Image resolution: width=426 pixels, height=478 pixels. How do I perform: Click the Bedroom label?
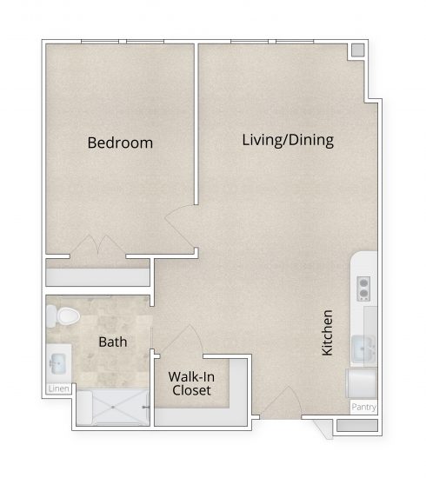tap(120, 143)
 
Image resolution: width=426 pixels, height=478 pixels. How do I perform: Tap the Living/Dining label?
tap(288, 140)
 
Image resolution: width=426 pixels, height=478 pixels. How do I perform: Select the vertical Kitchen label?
tap(328, 332)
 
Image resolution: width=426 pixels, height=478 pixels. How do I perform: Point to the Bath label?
tap(112, 342)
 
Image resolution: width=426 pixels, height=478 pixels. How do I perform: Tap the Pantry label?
tap(363, 407)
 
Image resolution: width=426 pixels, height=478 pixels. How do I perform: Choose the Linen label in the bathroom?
tap(58, 388)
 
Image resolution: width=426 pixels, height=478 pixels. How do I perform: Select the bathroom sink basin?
tap(58, 360)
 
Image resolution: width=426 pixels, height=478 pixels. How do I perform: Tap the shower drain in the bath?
tap(115, 405)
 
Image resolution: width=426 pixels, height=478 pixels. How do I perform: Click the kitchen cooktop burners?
tap(364, 288)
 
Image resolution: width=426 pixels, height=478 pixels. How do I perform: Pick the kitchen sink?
tap(364, 349)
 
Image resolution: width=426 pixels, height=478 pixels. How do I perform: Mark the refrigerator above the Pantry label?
tap(362, 382)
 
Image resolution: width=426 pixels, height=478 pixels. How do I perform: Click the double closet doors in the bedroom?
tap(98, 247)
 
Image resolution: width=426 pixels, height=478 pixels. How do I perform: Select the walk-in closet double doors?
tap(189, 343)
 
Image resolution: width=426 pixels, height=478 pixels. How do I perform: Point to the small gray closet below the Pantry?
tap(357, 427)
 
